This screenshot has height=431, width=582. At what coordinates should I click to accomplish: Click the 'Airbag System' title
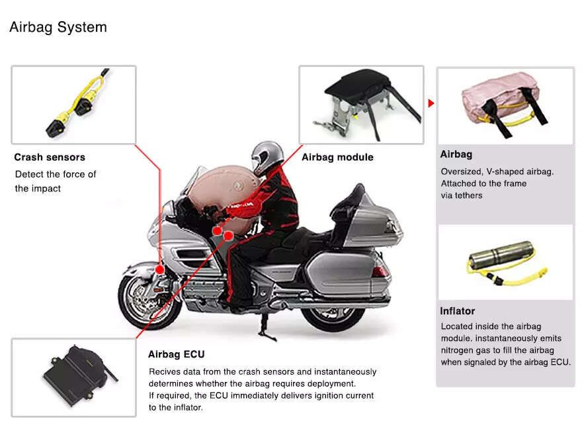coord(58,28)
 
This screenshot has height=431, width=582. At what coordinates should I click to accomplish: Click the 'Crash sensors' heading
coord(50,158)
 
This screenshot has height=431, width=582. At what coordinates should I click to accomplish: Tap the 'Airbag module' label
coord(337,158)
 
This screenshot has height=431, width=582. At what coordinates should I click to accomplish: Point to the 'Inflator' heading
coord(457,311)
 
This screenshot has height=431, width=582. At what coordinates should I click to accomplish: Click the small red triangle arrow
coord(431,104)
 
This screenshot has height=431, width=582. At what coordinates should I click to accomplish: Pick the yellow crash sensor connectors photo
coord(73,105)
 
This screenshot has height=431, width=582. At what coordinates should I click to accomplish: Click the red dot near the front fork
coord(160,269)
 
